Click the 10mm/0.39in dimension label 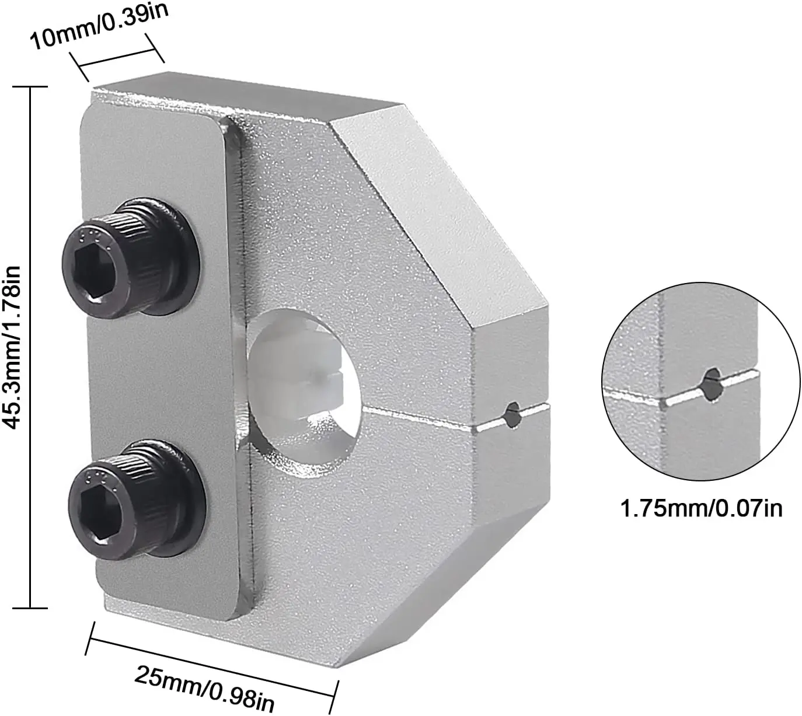[99, 27]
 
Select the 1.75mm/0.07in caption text [700, 508]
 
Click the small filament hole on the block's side [512, 415]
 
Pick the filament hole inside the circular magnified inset [712, 385]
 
